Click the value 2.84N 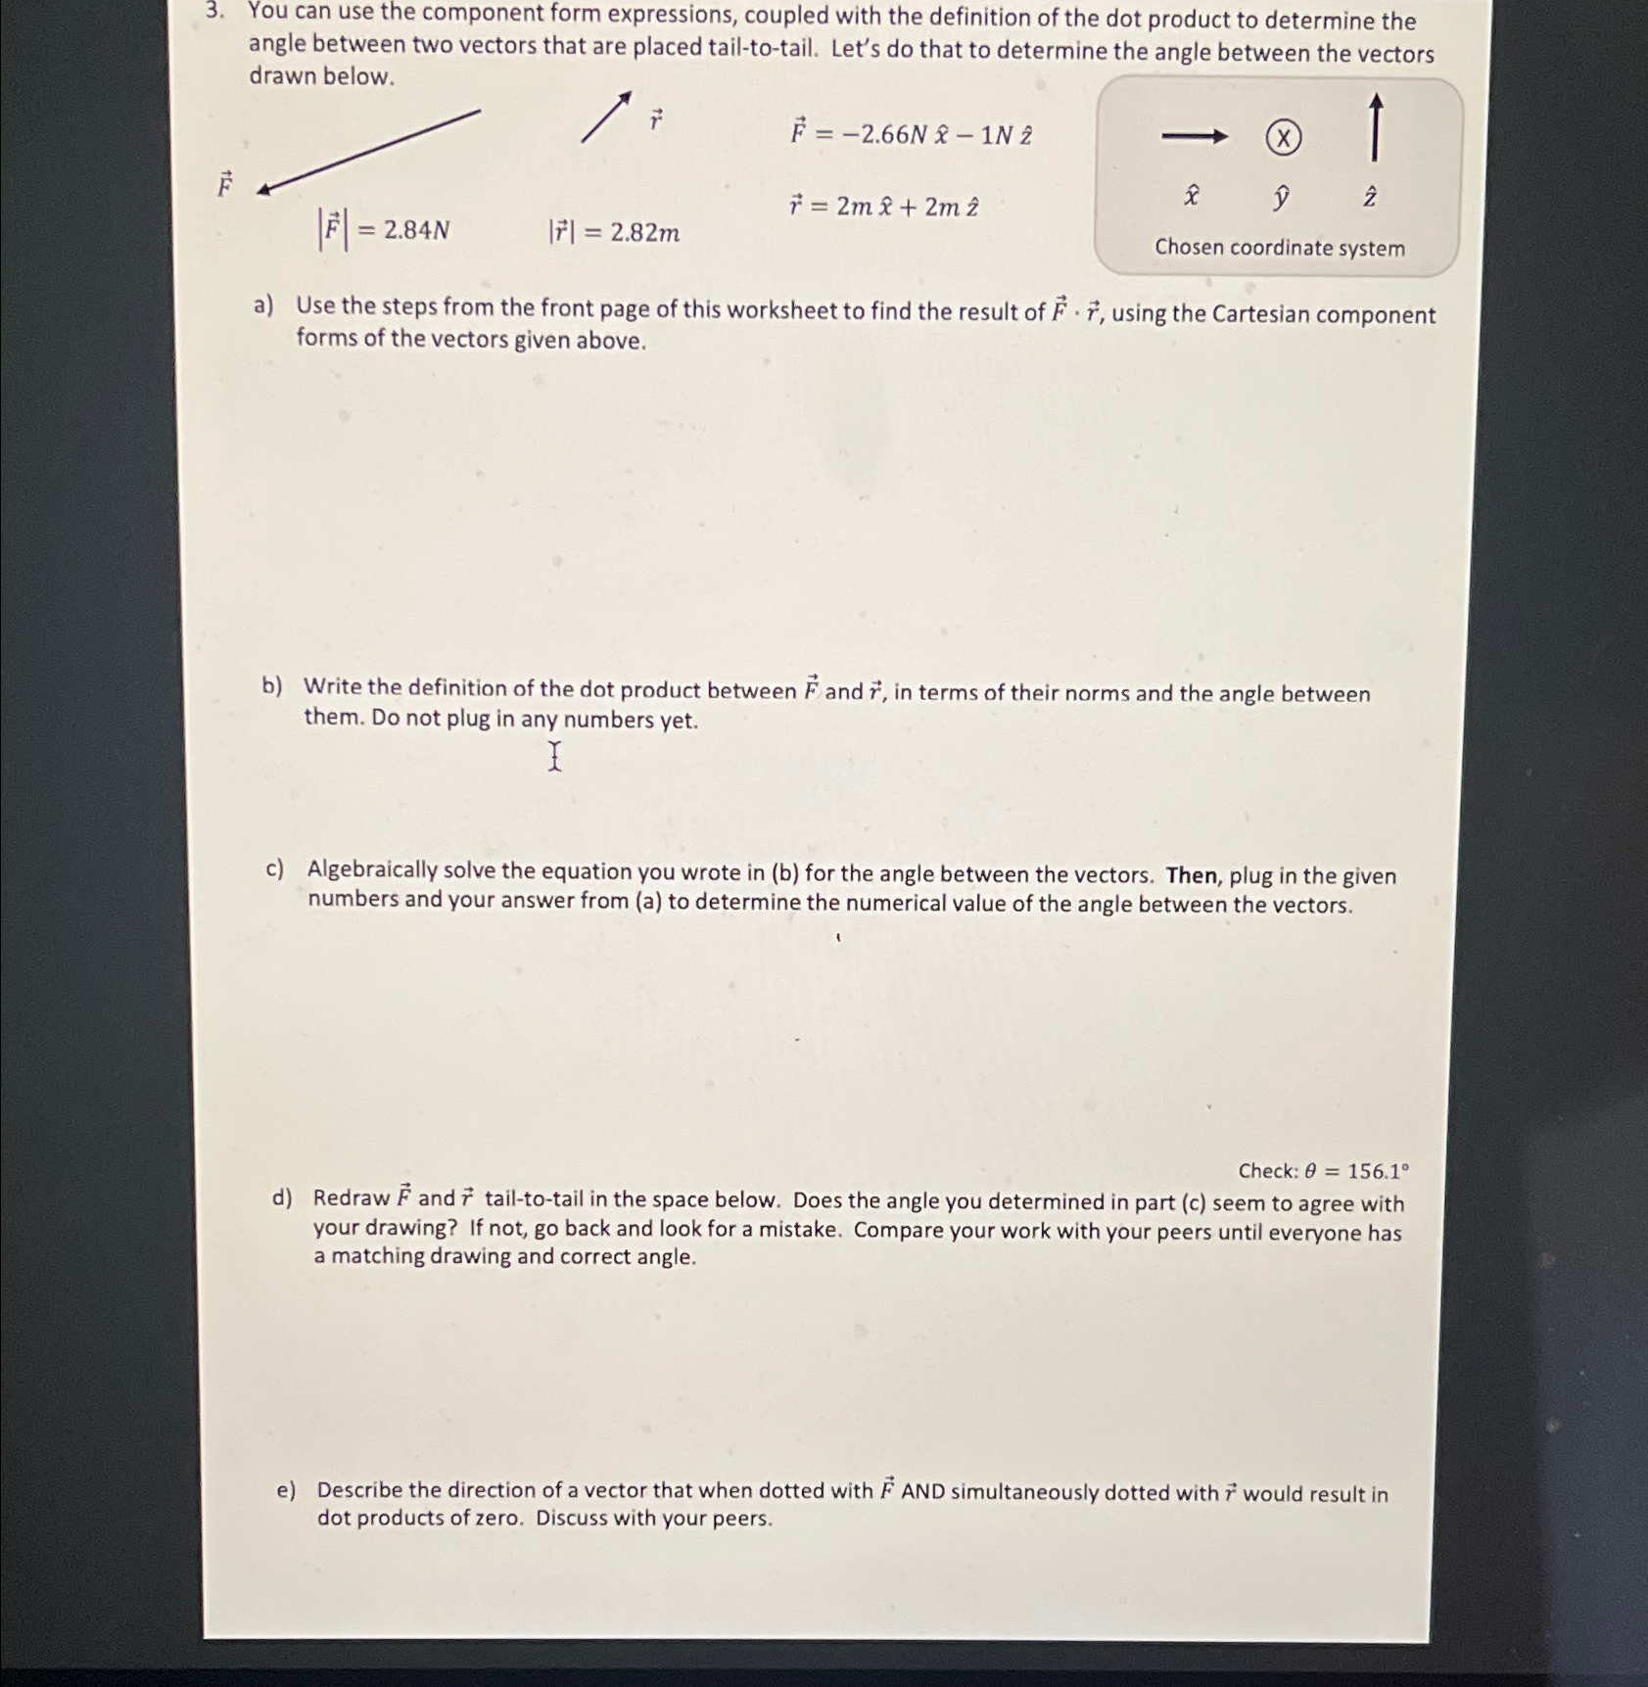pos(416,230)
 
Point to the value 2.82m pos(644,233)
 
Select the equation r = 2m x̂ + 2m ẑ pos(883,207)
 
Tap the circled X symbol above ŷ pos(1283,138)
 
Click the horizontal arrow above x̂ pos(1194,137)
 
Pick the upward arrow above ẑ pos(1375,127)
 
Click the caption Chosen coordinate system pos(1279,248)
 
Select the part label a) pos(262,305)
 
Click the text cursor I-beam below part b pos(554,756)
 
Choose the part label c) pos(274,868)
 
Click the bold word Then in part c pos(1191,874)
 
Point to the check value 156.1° pos(1378,1171)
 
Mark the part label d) pos(282,1197)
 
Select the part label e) pos(286,1489)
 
